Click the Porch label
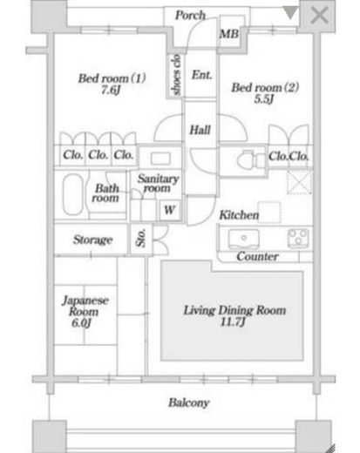click(190, 15)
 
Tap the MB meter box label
click(229, 34)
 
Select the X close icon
click(319, 15)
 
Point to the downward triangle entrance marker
click(290, 13)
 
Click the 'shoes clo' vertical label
click(176, 75)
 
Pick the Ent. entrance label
click(201, 75)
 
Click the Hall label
click(200, 130)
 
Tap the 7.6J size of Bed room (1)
click(111, 90)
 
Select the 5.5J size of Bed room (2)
click(264, 99)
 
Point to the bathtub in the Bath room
click(73, 194)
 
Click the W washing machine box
click(170, 210)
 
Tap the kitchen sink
click(244, 240)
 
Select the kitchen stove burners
click(298, 239)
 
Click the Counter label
click(257, 256)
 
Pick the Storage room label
click(92, 240)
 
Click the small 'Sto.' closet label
click(141, 238)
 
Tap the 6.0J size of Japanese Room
click(82, 322)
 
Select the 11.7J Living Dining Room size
click(234, 321)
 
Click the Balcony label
click(189, 402)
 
